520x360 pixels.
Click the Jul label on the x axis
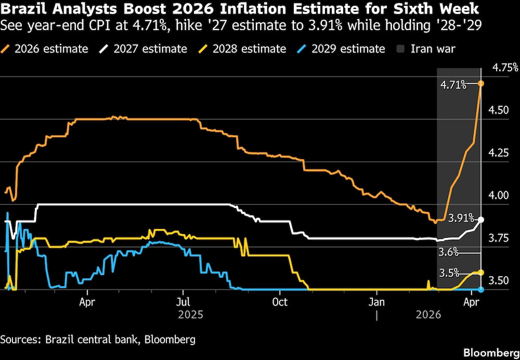183,302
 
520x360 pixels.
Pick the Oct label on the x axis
280,302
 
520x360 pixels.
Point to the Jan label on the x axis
377,302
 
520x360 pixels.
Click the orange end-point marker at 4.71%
481,84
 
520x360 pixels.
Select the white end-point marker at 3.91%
481,220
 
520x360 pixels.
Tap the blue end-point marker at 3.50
481,290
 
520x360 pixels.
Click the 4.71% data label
453,85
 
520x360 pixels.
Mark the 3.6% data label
448,252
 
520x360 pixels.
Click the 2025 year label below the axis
190,315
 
